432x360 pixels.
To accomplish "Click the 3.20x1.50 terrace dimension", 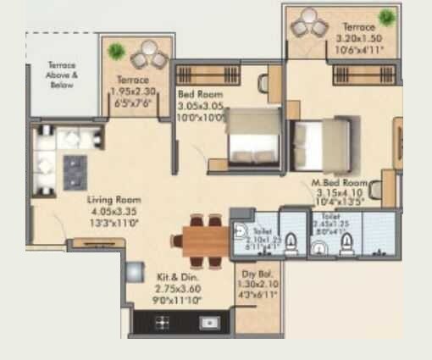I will [358, 39].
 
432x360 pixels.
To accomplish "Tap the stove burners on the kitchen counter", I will [160, 322].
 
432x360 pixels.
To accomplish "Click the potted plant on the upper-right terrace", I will [387, 17].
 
